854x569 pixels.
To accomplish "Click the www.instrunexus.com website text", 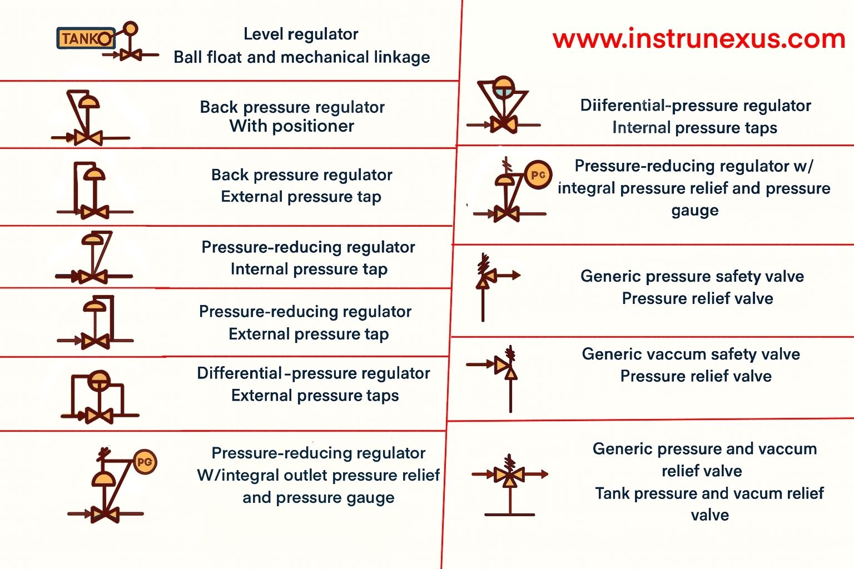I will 699,39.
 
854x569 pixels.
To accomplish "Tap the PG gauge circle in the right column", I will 538,174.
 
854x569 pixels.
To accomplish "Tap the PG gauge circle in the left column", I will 145,462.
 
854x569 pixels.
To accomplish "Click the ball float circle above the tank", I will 130,28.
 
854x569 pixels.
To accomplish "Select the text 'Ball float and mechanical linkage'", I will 301,57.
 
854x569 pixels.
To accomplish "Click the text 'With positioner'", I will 292,126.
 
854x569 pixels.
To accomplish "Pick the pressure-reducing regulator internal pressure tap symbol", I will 93,257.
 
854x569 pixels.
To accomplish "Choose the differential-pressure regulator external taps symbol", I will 99,396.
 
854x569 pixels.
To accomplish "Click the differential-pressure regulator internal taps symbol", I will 504,106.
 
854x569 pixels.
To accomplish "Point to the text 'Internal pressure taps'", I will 694,128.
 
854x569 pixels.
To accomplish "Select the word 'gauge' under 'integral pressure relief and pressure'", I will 694,211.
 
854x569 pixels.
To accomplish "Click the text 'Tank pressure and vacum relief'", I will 709,493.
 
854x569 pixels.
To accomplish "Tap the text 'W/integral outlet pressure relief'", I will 318,476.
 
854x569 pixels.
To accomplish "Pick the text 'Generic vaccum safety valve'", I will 691,354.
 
